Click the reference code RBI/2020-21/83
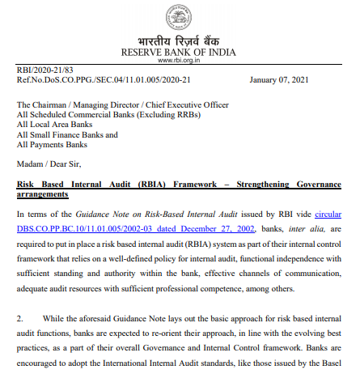(44, 71)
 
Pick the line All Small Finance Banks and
(67, 134)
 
